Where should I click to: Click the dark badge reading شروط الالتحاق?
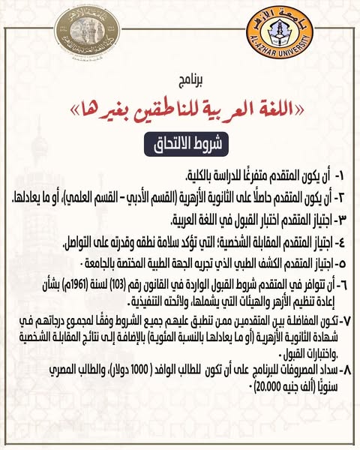coord(180,142)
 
